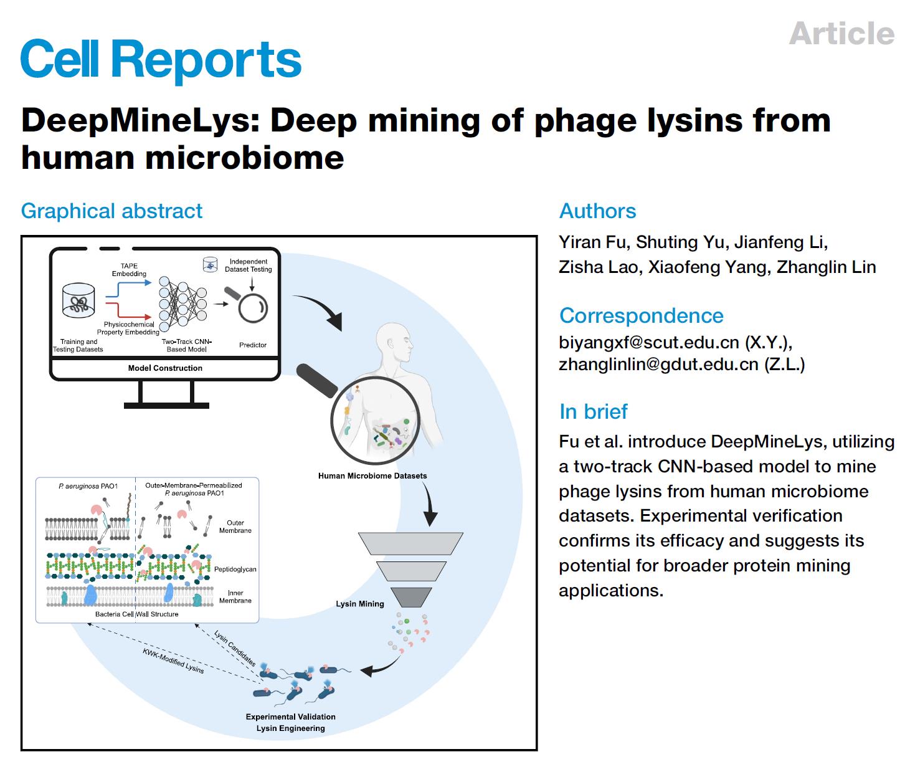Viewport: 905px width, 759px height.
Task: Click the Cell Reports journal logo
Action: pos(161,60)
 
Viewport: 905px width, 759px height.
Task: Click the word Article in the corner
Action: pos(841,34)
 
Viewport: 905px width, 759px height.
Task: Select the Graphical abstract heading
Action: pos(111,211)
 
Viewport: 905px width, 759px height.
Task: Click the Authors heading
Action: pos(597,211)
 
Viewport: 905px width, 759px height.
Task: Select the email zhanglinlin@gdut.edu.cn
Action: pos(658,365)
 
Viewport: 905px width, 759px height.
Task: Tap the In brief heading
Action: pos(593,412)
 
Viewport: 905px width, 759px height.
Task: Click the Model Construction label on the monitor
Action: pos(165,368)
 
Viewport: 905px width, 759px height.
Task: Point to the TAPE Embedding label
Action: pos(129,270)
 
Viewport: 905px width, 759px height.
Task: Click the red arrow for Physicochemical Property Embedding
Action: pos(128,310)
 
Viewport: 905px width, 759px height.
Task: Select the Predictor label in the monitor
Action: pos(252,345)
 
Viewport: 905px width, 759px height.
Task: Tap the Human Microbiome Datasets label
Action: pos(372,476)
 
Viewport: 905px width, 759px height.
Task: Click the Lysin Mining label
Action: pos(359,604)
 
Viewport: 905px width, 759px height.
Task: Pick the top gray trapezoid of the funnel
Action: pos(410,543)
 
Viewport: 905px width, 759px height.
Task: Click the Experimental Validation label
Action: pos(290,717)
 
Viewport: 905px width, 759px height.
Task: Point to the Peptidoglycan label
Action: pos(235,570)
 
